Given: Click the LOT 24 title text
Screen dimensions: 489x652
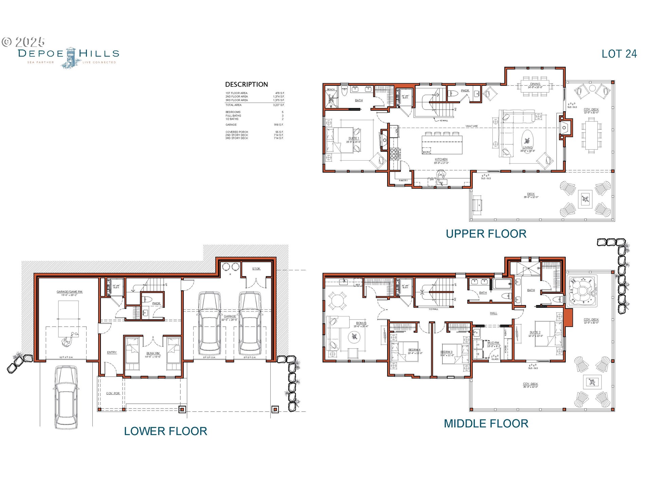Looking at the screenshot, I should (619, 54).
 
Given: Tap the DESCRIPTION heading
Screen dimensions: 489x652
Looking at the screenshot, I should (246, 85).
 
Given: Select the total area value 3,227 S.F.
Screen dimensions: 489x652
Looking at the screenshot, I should (278, 105).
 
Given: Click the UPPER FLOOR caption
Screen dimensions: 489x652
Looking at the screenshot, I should (486, 234).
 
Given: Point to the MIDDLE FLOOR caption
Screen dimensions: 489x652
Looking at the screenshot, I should (486, 423).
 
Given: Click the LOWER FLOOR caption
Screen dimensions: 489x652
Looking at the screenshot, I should (165, 431).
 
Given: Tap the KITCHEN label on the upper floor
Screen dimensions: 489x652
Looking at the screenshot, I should (441, 159).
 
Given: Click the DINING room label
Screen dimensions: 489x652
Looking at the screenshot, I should (535, 84).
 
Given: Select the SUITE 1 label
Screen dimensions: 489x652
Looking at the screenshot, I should (353, 138).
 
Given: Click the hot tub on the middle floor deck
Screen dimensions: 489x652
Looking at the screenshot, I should (582, 290).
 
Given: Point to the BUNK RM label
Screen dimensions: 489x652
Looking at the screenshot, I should (152, 353).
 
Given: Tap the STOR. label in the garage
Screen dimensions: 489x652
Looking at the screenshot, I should (256, 269).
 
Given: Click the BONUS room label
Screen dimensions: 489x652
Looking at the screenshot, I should (361, 323).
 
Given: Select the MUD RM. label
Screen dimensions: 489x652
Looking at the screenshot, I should (493, 343).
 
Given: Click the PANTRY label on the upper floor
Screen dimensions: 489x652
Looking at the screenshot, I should (403, 181).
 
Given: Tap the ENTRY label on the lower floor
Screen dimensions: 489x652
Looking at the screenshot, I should (112, 352).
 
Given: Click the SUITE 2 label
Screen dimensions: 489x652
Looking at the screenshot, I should (535, 332).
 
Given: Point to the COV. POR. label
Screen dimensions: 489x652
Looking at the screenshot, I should (113, 393).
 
